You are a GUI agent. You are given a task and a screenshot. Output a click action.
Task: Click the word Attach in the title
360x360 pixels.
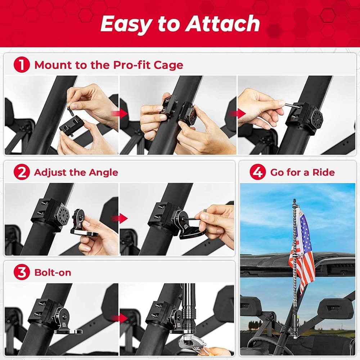click(x=223, y=24)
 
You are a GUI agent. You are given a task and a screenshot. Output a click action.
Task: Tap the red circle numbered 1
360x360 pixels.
click(x=22, y=65)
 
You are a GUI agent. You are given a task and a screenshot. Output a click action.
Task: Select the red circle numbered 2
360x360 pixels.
click(x=22, y=172)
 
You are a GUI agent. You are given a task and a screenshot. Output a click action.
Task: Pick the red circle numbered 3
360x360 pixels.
click(x=22, y=272)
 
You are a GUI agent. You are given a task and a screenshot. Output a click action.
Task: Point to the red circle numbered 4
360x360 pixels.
click(x=258, y=172)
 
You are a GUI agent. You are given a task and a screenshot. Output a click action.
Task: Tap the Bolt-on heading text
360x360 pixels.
click(x=53, y=273)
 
